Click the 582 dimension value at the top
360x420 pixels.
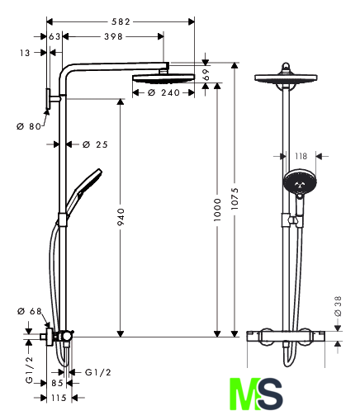tap(121, 21)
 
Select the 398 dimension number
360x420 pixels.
tap(113, 36)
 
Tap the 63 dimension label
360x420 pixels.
tap(54, 36)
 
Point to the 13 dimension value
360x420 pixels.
tap(25, 53)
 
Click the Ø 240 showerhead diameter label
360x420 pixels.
tap(163, 92)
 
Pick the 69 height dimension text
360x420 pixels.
tap(206, 74)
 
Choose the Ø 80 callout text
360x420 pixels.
tap(29, 126)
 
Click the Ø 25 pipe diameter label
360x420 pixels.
tap(95, 144)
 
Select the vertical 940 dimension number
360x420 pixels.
tap(121, 217)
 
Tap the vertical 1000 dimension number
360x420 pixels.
tap(217, 210)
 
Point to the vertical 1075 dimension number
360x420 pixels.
tap(234, 199)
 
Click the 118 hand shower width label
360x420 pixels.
tap(301, 156)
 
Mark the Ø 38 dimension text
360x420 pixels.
tap(338, 306)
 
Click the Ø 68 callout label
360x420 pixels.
tap(30, 311)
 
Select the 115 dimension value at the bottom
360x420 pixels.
tap(59, 398)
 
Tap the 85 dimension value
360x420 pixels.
tap(57, 383)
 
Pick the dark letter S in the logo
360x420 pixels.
tap(270, 394)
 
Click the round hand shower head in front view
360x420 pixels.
tap(300, 182)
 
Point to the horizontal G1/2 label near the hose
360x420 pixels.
tap(98, 372)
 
